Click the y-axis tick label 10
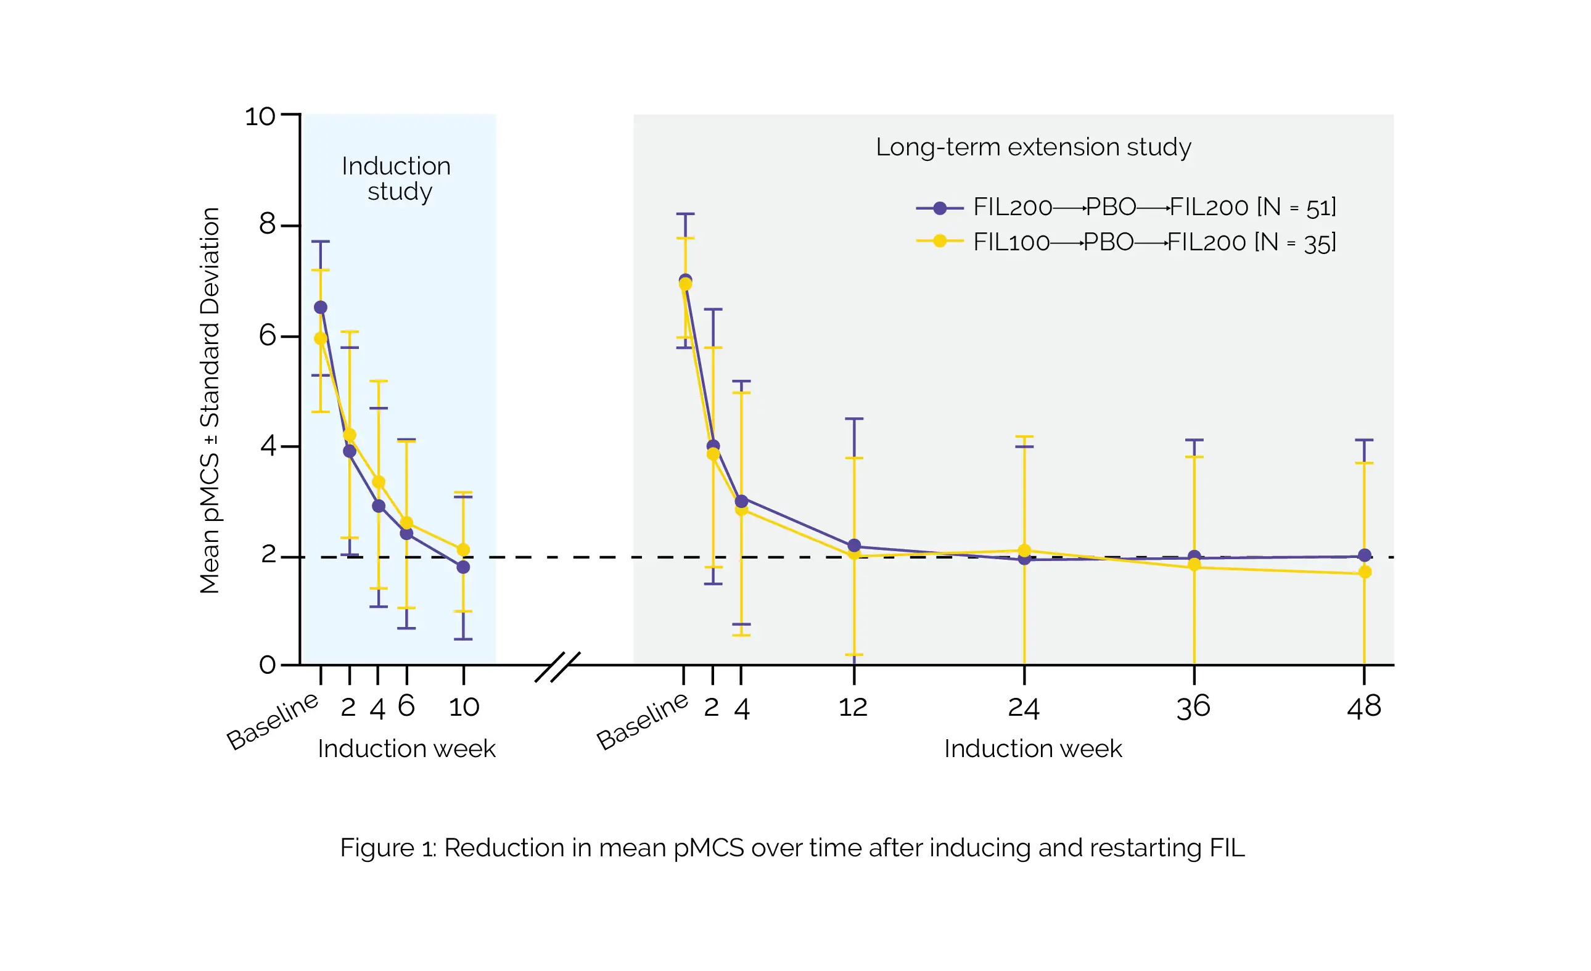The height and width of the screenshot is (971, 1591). tap(260, 117)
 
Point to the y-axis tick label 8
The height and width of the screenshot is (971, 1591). tap(267, 224)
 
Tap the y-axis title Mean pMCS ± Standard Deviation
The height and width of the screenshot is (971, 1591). tap(210, 400)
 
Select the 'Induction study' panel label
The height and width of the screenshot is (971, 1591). tap(397, 179)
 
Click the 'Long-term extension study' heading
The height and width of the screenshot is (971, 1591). tap(1033, 147)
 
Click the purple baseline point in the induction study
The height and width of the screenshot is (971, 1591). tap(320, 307)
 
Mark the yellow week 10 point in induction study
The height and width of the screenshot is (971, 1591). tap(463, 550)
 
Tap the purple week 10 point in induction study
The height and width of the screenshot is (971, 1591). tap(463, 567)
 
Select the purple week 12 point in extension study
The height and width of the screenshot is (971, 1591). tap(854, 546)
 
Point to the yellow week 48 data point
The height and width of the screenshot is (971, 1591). tap(1364, 572)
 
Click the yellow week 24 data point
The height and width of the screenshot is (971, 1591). tap(1024, 551)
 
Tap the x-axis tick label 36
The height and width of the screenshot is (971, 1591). tap(1193, 707)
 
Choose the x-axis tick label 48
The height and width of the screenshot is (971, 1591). tap(1363, 707)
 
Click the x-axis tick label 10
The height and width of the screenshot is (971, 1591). tap(464, 707)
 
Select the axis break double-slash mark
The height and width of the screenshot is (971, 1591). tap(557, 667)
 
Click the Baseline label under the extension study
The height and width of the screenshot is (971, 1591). tap(642, 721)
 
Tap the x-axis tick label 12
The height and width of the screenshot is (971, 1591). tap(853, 707)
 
